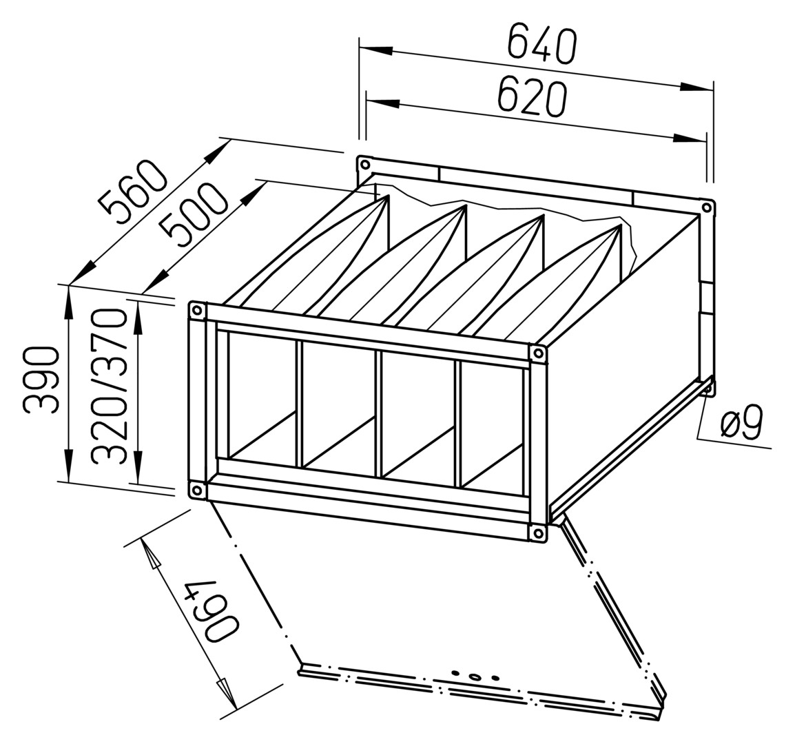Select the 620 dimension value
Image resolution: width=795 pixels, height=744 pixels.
pyautogui.click(x=531, y=97)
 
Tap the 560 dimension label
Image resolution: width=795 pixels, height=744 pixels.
pyautogui.click(x=133, y=187)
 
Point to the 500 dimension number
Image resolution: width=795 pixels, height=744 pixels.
pyautogui.click(x=192, y=214)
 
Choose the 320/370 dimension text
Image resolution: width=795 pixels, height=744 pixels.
pyautogui.click(x=108, y=387)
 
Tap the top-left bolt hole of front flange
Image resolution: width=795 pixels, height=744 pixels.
pyautogui.click(x=197, y=311)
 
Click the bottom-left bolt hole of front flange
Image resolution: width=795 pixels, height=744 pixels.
pyautogui.click(x=196, y=490)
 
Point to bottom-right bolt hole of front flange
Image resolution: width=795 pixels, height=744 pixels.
pyautogui.click(x=537, y=533)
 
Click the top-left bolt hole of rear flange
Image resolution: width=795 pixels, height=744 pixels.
pyautogui.click(x=364, y=165)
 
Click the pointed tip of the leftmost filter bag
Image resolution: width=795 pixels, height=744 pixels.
pyautogui.click(x=388, y=196)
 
